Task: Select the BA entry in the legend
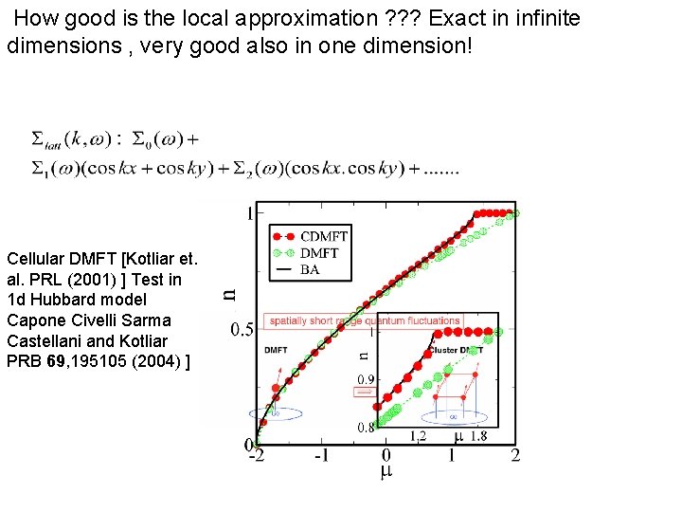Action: (310, 269)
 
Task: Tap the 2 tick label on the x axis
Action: (515, 455)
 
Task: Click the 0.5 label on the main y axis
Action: (242, 330)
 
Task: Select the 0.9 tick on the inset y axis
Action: (366, 379)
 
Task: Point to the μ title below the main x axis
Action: (386, 472)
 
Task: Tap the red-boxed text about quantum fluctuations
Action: (366, 320)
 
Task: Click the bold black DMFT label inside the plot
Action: (276, 350)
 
